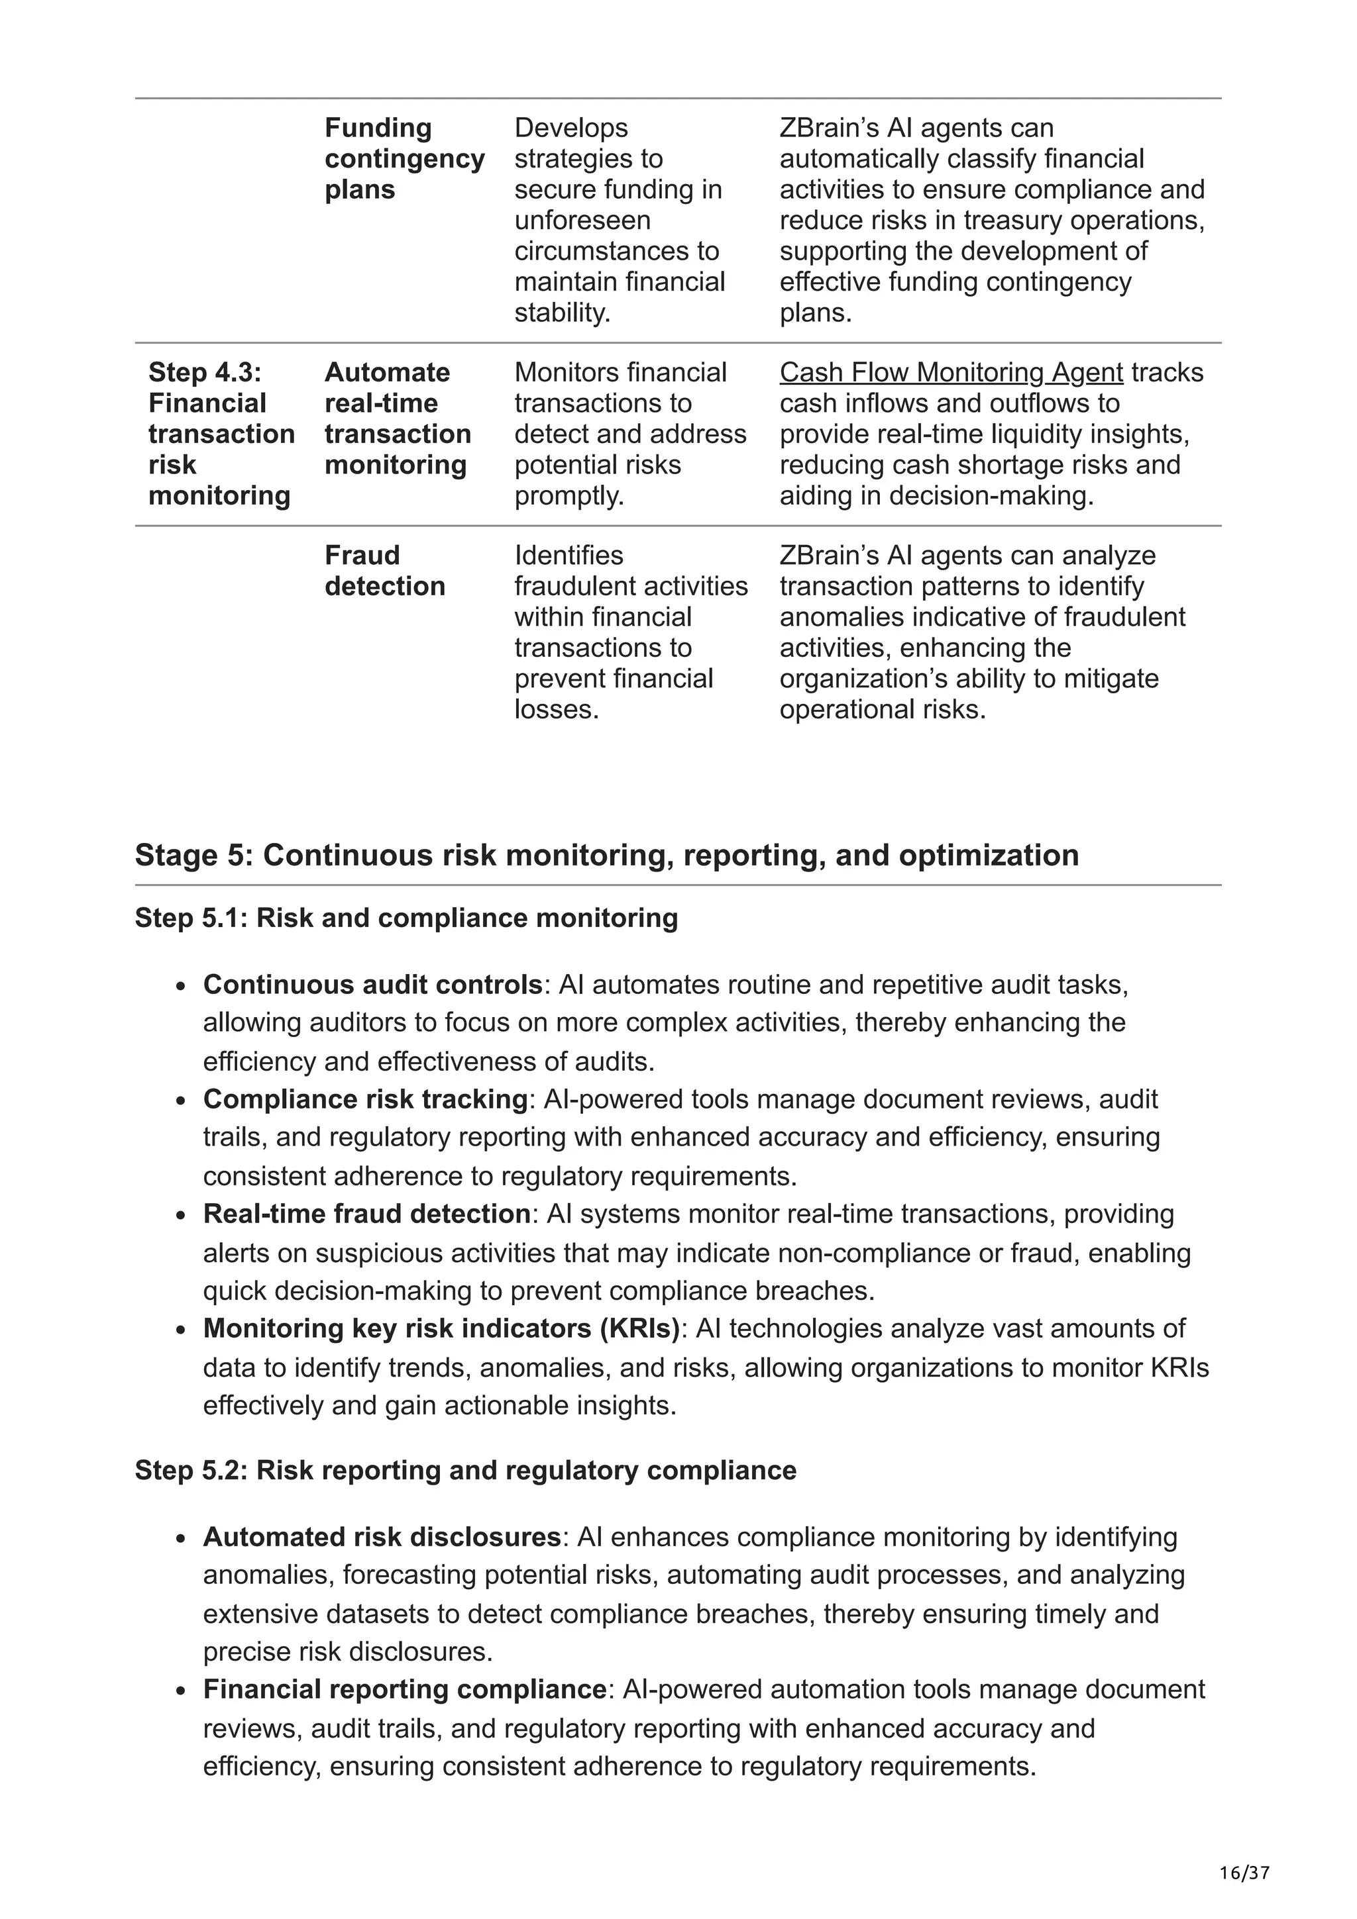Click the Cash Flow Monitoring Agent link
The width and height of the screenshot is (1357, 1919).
tap(951, 373)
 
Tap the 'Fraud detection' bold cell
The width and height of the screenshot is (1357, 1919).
tap(384, 571)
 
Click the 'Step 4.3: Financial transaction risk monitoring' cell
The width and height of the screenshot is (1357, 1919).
tap(221, 434)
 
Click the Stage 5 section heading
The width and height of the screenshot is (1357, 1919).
tap(606, 855)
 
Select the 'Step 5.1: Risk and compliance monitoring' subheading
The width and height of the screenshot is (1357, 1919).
tap(406, 918)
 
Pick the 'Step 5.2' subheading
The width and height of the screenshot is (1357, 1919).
tap(465, 1470)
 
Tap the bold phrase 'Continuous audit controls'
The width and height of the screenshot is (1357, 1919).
tap(372, 985)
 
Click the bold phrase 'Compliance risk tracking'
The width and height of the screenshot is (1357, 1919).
tap(364, 1099)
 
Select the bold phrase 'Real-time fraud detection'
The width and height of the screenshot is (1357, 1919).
tap(366, 1214)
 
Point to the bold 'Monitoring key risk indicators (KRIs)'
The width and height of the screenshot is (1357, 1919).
tap(441, 1328)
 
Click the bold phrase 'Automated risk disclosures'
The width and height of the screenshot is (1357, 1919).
tap(381, 1537)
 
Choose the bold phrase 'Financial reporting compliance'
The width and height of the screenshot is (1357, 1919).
tap(404, 1689)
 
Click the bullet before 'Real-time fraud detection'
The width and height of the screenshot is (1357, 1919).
tap(181, 1216)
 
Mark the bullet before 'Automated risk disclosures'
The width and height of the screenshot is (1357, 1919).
tap(181, 1540)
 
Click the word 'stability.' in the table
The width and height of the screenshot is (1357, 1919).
tap(562, 313)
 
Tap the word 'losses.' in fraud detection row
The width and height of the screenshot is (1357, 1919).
tap(556, 710)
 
